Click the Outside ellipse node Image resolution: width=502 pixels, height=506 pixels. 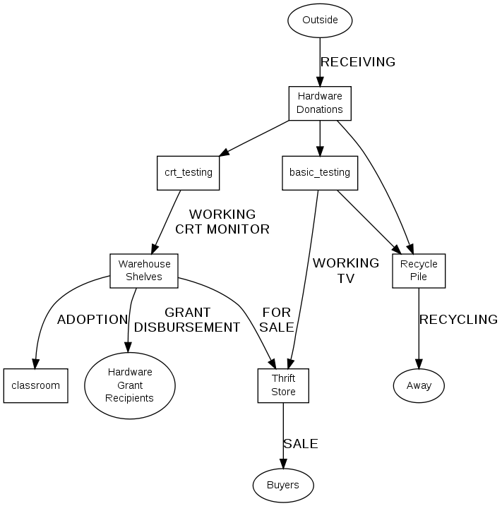click(320, 20)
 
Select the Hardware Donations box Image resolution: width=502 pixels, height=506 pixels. click(320, 103)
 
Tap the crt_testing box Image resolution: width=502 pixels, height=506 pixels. click(188, 172)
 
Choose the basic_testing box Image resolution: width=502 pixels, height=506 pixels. click(319, 172)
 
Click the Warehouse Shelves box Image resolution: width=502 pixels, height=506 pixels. click(144, 270)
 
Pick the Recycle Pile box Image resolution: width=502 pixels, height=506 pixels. click(419, 270)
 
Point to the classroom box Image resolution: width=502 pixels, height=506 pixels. click(35, 385)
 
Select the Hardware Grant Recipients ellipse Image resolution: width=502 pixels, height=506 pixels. click(129, 385)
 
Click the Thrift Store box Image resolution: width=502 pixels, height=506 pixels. click(283, 385)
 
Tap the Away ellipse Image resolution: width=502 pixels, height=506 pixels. click(419, 386)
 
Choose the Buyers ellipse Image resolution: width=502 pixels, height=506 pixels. click(282, 485)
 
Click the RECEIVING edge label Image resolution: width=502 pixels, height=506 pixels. click(357, 62)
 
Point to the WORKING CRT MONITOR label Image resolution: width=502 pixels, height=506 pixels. click(222, 221)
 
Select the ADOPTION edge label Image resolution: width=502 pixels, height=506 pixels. click(92, 320)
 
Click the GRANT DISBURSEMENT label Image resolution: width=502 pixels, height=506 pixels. click(187, 320)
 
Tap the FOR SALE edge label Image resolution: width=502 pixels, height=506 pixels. click(277, 320)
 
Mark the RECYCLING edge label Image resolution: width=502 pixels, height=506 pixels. click(458, 320)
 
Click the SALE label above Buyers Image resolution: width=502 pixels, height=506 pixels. click(301, 444)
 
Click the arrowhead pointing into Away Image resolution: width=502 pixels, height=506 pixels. click(419, 364)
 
